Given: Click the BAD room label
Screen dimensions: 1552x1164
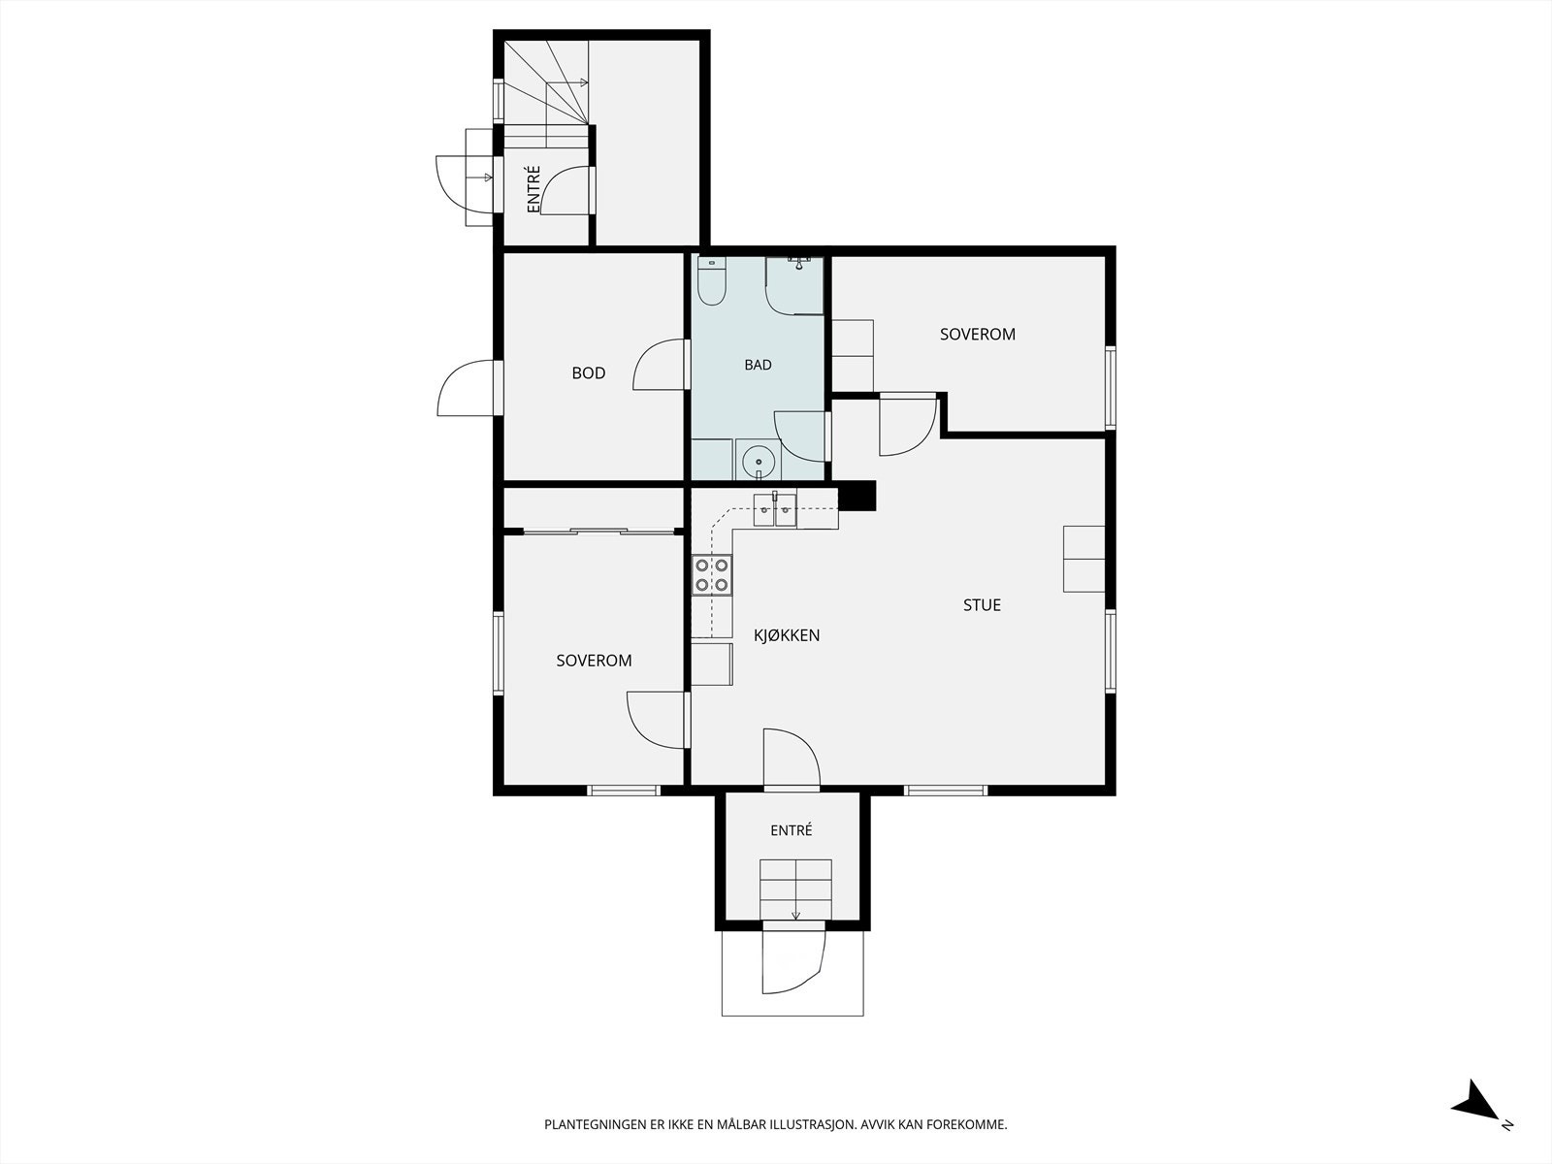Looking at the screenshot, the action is pos(758,365).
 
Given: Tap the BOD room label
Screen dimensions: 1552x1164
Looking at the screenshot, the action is pos(588,372).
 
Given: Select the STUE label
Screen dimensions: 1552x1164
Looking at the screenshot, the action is pos(982,605).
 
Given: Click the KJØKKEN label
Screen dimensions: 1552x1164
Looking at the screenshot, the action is pos(787,635).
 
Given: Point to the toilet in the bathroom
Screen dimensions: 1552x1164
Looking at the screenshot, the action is pos(711,281).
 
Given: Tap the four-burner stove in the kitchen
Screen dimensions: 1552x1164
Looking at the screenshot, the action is pos(712,574).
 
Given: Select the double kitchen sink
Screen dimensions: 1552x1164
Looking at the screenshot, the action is pos(775,509).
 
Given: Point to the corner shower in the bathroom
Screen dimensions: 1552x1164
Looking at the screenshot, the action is pos(794,285).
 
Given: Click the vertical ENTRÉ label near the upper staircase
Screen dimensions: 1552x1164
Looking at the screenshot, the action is pos(533,189).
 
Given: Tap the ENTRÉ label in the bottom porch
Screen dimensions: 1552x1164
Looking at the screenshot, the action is pos(792,830).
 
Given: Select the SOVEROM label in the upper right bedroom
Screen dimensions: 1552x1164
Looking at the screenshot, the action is pos(977,335).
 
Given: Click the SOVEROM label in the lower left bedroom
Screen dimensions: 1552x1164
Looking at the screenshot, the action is pos(594,661).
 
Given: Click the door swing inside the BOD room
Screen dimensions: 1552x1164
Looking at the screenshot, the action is pos(659,365).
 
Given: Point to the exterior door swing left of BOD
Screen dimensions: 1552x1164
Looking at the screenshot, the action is pos(466,389).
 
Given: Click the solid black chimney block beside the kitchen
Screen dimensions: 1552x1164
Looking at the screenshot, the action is pos(857,496).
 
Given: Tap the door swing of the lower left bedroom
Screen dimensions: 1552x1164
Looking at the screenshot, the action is pos(656,720).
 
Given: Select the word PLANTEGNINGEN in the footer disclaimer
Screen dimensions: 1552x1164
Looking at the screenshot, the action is pos(595,1124).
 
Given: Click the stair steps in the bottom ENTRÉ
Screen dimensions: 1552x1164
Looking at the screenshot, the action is pos(795,889).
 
